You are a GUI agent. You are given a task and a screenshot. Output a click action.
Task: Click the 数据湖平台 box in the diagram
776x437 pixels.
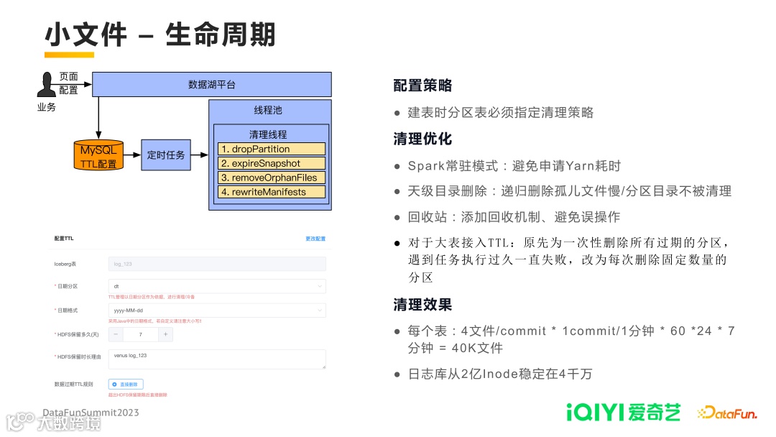(x=211, y=84)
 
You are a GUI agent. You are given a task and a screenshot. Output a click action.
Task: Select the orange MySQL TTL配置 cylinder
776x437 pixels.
(x=98, y=155)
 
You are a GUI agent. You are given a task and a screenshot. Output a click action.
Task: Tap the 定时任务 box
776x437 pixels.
(x=166, y=155)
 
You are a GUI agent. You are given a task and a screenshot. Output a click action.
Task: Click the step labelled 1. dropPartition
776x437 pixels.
(x=272, y=149)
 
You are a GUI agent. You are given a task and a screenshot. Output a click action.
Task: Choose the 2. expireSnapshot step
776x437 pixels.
(x=272, y=163)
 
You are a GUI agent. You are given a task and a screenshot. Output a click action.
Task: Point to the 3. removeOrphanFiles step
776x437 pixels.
(x=272, y=178)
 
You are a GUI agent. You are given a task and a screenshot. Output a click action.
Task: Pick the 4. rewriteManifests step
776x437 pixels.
(x=272, y=192)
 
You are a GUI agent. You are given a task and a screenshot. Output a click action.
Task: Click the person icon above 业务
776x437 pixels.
(x=47, y=84)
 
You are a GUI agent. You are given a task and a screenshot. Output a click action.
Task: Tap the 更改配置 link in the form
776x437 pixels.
(x=315, y=239)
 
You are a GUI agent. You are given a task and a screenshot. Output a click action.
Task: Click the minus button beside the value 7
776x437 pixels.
(x=116, y=334)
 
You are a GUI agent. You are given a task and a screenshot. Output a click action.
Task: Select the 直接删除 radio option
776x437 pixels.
(x=126, y=385)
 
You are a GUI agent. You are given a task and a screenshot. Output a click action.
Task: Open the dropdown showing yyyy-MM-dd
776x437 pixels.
(x=217, y=310)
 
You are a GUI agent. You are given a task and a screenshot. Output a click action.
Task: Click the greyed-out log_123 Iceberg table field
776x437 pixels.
(x=217, y=264)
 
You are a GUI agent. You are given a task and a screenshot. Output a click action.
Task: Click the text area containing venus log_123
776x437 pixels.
(x=217, y=359)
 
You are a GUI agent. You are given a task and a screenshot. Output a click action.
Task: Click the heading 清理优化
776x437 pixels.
(x=422, y=139)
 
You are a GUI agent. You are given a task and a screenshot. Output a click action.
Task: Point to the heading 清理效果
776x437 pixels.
(x=422, y=305)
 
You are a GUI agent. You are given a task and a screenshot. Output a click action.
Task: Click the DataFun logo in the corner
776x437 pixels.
(x=726, y=413)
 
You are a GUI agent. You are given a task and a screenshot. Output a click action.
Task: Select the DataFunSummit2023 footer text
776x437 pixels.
(x=91, y=413)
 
